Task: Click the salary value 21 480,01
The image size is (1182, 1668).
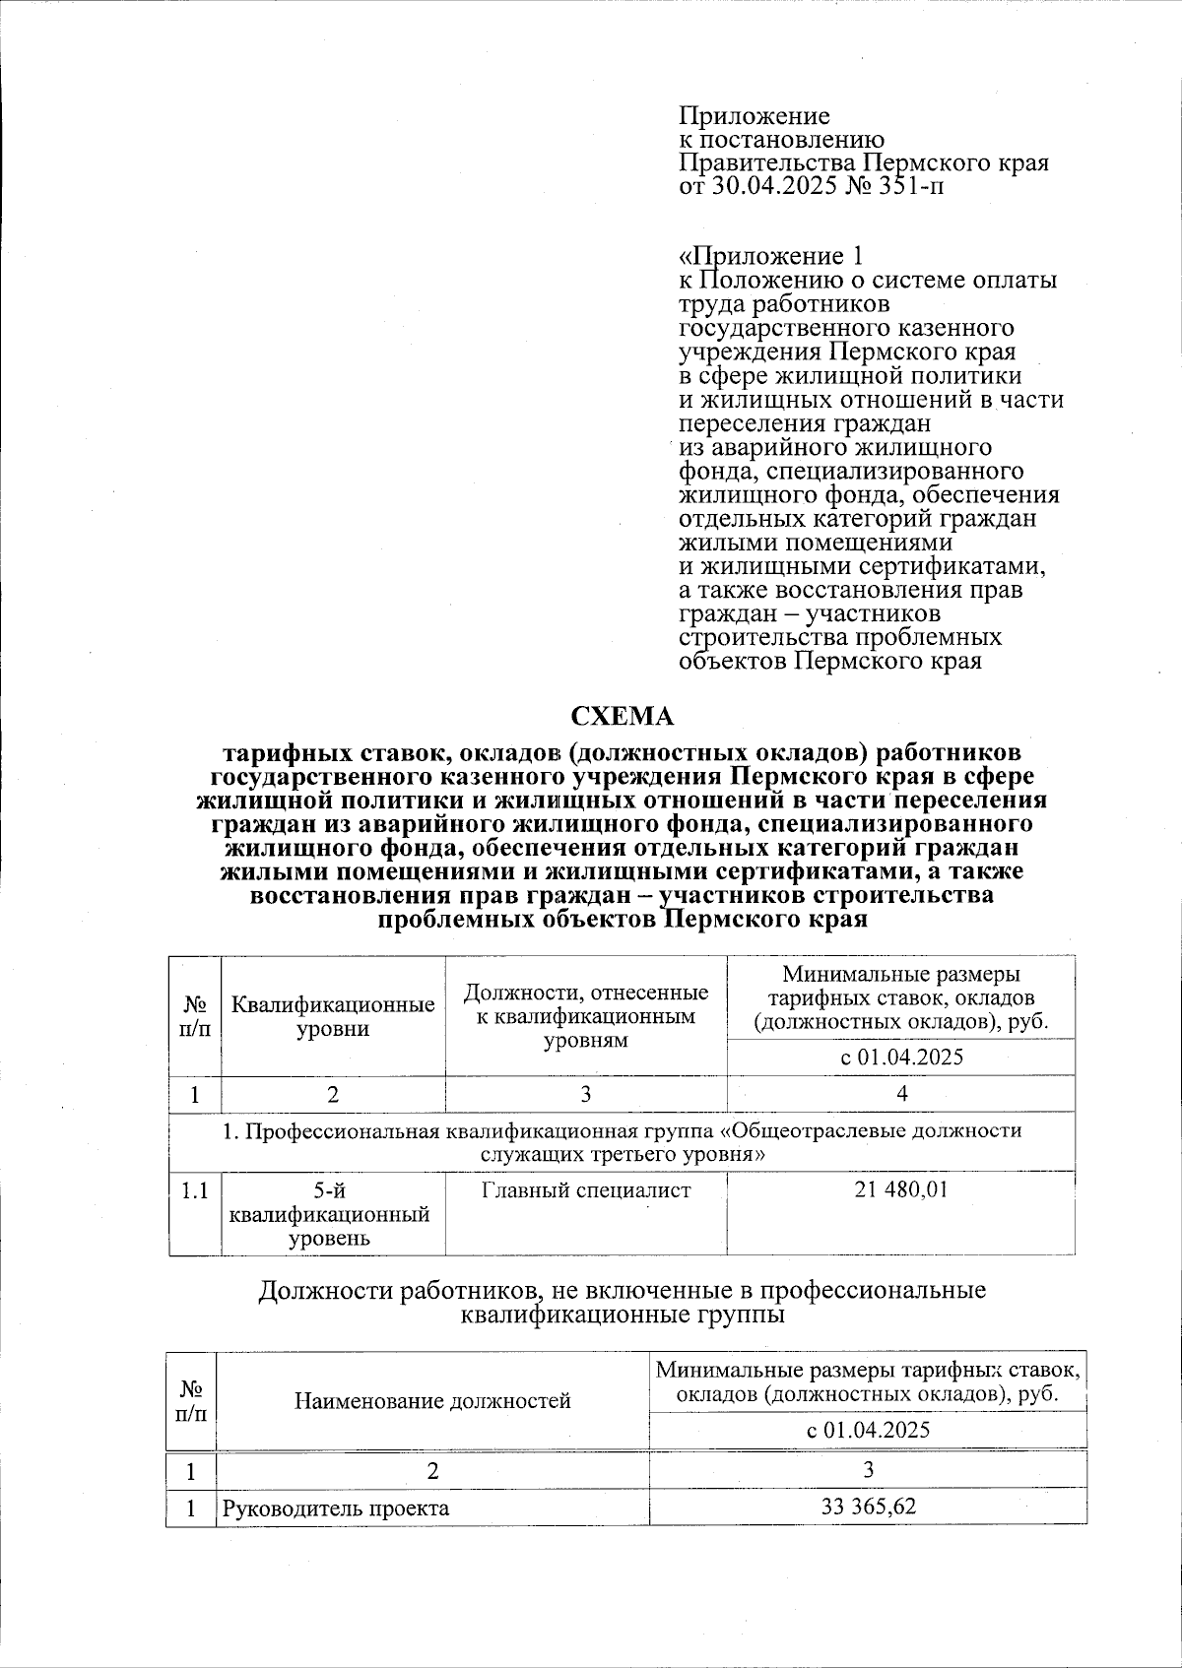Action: tap(900, 1189)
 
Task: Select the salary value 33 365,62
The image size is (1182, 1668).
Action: tap(868, 1507)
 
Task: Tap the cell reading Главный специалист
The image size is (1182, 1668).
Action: tap(585, 1189)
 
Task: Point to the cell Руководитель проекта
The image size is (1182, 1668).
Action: tap(335, 1508)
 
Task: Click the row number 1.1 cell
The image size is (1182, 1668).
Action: tap(194, 1190)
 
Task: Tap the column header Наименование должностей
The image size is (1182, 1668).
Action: tap(431, 1400)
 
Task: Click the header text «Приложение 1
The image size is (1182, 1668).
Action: tap(771, 257)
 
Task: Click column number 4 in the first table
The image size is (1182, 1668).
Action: tap(901, 1094)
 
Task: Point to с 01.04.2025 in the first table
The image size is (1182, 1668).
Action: tap(900, 1058)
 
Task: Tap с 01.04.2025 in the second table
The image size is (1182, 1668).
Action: tap(868, 1430)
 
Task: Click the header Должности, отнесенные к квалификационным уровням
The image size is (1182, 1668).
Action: tap(585, 1016)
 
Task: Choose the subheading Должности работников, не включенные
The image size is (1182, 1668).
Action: tap(622, 1291)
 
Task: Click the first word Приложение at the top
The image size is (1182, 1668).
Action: tap(755, 116)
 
